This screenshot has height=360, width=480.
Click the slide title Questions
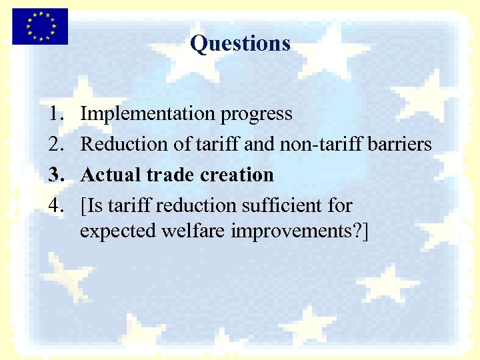coord(240,43)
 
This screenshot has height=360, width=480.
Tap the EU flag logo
coord(40,26)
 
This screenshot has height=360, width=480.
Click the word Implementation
coord(147,114)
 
